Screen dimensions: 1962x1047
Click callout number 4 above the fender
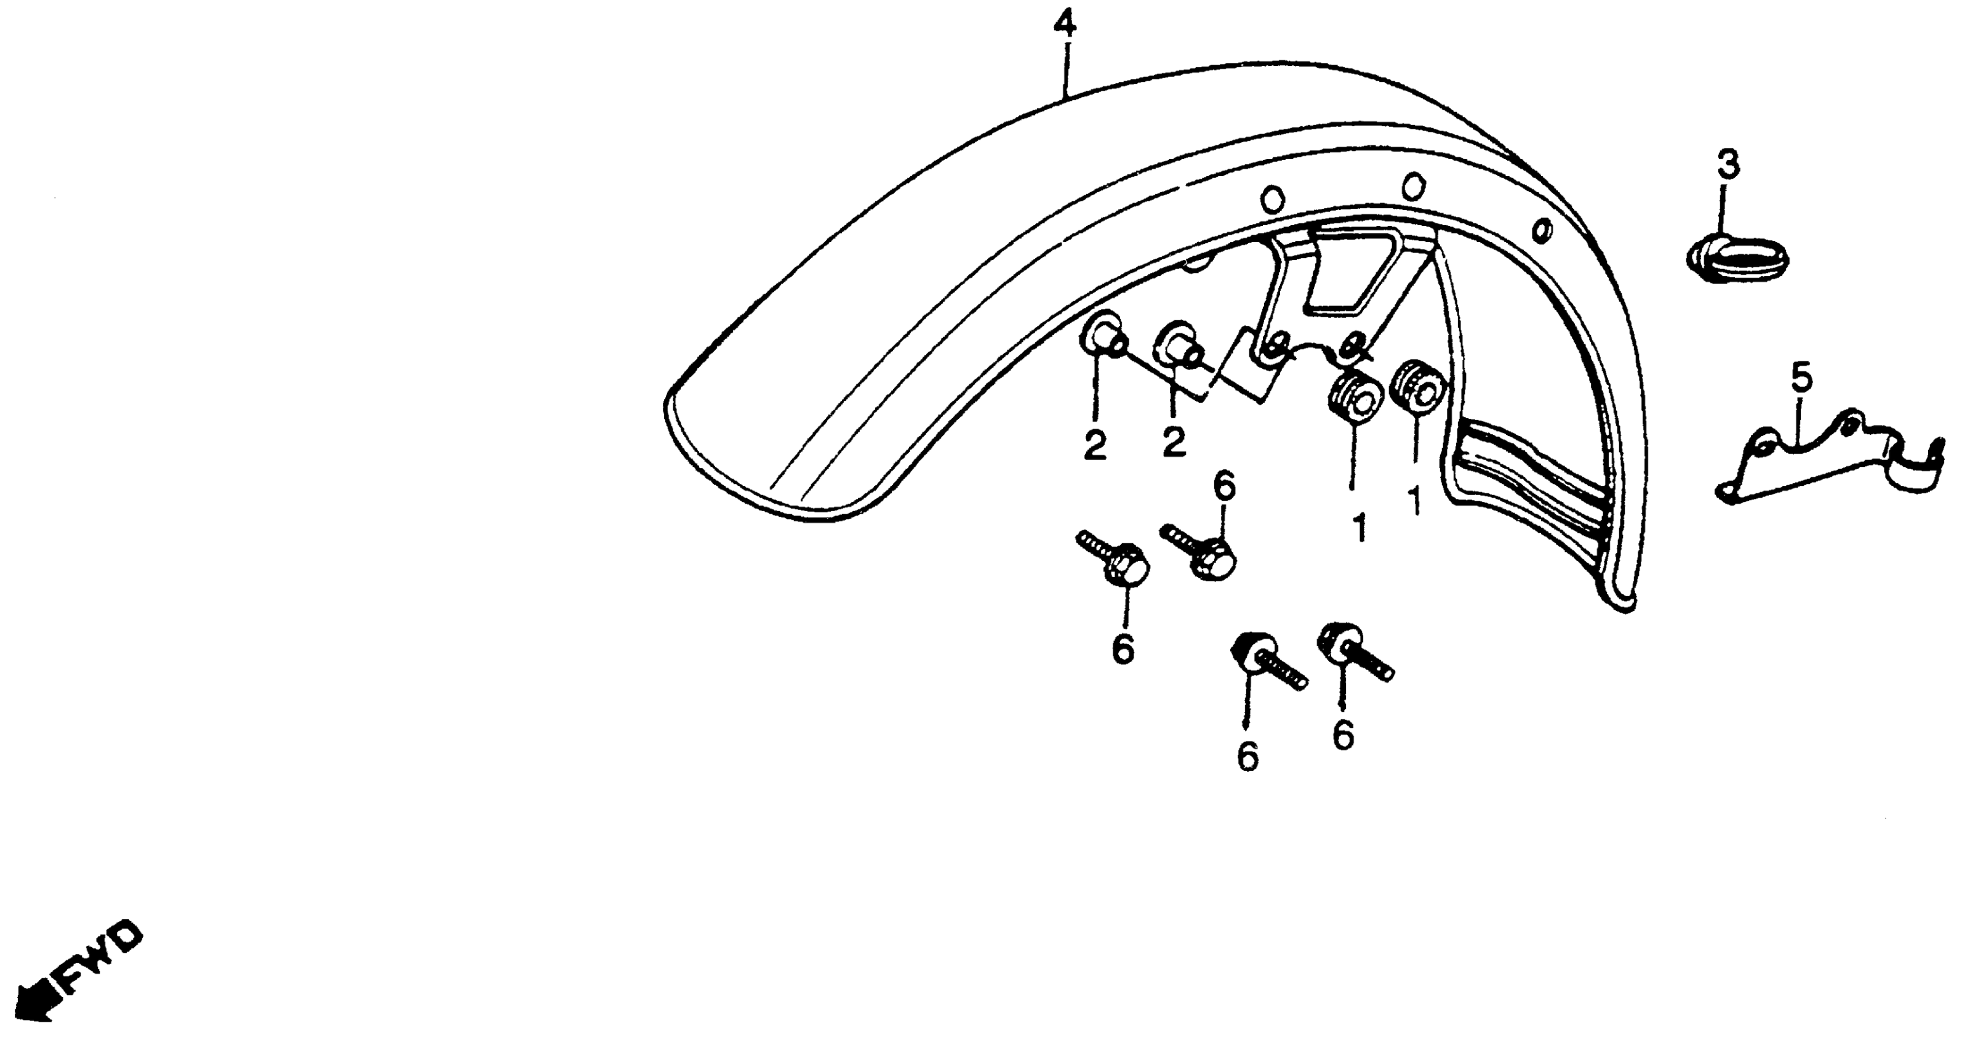point(1065,26)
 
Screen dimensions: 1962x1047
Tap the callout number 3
point(1728,164)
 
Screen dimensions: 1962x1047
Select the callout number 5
point(1802,377)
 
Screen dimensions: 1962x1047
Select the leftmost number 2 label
point(1095,447)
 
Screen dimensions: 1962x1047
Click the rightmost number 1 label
point(1415,501)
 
